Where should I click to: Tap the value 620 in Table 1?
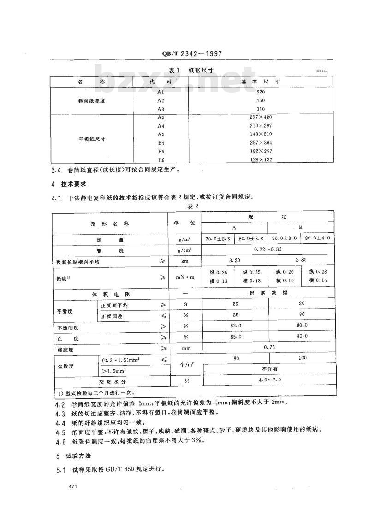pos(261,92)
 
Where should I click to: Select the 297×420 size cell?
pos(261,117)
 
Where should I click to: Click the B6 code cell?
pos(161,159)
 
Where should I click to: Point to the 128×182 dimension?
pos(261,159)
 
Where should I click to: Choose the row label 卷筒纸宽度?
pos(92,100)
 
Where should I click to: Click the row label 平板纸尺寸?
pos(92,139)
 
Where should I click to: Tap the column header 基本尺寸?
pos(261,81)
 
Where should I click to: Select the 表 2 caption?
pos(192,206)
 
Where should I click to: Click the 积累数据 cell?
pos(268,293)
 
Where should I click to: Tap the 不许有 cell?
pos(268,368)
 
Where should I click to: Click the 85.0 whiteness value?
pos(235,337)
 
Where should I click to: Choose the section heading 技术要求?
pos(70,184)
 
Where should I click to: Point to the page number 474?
pos(71,486)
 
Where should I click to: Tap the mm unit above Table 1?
pos(321,71)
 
